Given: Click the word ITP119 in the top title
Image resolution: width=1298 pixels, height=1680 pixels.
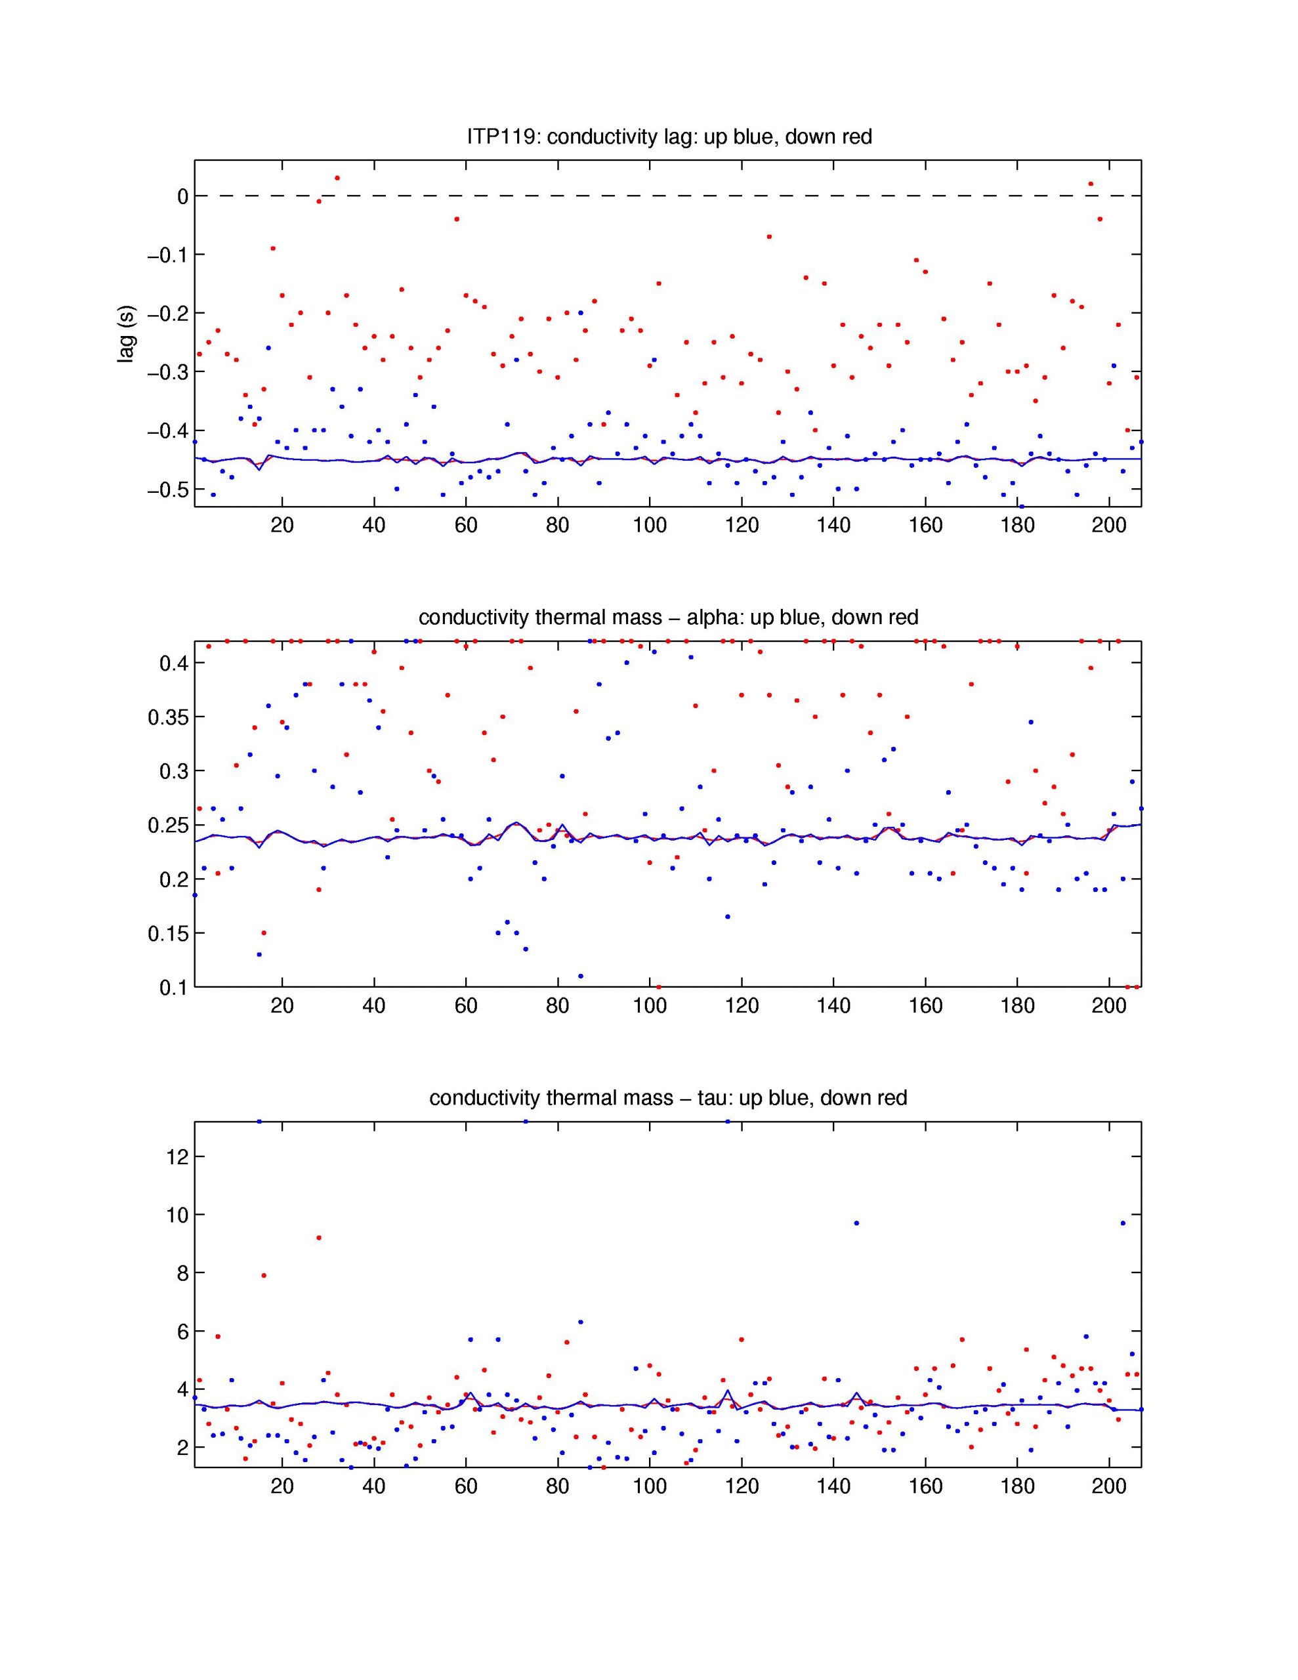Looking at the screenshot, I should (503, 137).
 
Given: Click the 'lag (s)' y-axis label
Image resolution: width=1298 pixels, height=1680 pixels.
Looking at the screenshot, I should (125, 334).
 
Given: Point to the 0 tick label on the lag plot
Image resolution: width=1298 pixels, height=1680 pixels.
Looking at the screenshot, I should (183, 197).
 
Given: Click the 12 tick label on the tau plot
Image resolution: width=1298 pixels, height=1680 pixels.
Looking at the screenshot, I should (177, 1157).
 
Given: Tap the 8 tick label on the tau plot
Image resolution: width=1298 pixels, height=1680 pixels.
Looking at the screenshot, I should (182, 1273).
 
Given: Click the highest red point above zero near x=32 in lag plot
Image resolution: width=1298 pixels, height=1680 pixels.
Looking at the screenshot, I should (337, 178).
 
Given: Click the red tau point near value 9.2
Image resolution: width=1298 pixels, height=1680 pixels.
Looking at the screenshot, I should (318, 1238).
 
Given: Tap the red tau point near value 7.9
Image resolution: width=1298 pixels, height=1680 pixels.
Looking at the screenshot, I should (263, 1275).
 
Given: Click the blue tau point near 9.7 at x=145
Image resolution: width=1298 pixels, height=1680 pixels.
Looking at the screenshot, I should (856, 1223).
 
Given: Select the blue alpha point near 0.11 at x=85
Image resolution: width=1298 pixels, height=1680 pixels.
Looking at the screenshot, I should (581, 976).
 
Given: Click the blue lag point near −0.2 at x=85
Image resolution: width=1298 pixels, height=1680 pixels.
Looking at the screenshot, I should (581, 313).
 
